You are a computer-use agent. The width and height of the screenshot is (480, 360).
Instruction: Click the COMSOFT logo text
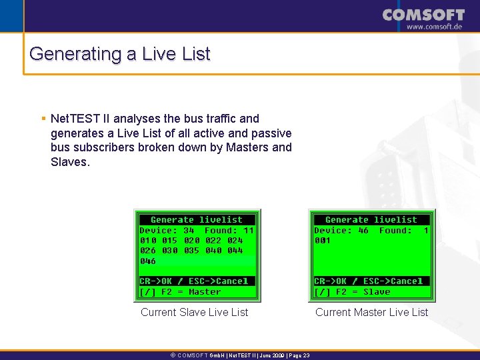(x=423, y=15)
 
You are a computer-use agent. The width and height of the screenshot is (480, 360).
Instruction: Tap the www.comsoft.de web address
(x=435, y=27)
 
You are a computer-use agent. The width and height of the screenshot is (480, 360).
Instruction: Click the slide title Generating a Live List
(x=120, y=53)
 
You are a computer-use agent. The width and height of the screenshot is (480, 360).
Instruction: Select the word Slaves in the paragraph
(x=69, y=162)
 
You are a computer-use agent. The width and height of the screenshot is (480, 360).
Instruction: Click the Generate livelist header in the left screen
(x=197, y=219)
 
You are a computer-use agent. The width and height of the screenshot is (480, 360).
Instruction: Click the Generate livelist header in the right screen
(x=371, y=219)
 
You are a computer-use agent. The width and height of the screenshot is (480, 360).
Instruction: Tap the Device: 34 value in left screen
(x=167, y=230)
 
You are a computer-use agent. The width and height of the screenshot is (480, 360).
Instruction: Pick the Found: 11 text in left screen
(x=229, y=230)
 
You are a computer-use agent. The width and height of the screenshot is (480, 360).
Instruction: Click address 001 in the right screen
(x=323, y=241)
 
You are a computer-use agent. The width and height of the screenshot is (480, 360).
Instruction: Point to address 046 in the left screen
(x=148, y=261)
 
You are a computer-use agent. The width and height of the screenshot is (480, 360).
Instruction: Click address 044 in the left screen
(x=235, y=251)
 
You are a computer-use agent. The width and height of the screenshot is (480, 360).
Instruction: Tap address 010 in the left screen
(x=148, y=240)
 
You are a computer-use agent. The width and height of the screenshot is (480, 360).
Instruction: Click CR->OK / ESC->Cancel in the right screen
(x=369, y=281)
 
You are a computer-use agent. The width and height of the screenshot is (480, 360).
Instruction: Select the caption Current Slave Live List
(x=194, y=312)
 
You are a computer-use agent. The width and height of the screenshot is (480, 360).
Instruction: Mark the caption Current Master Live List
(x=371, y=312)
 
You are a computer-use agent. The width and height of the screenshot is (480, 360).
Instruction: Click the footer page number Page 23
(x=297, y=355)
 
